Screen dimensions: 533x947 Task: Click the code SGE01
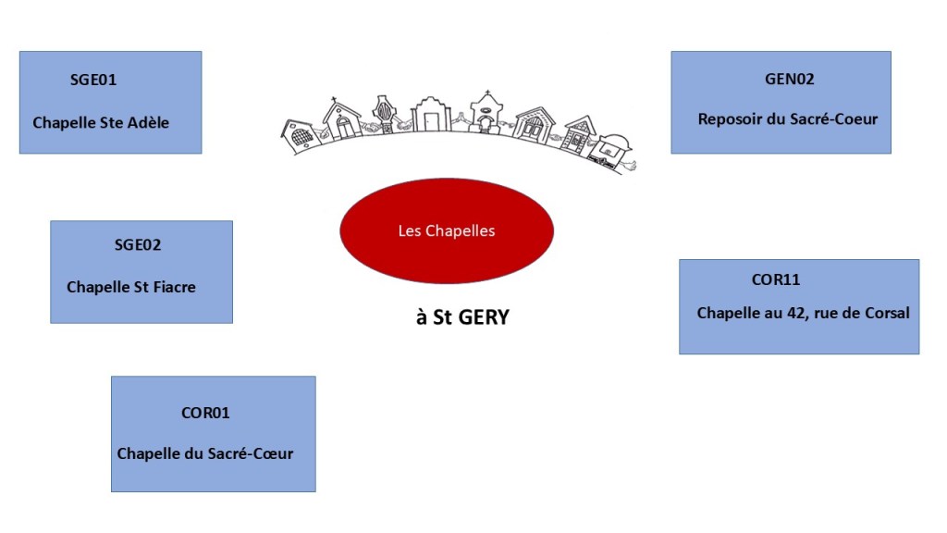tap(93, 80)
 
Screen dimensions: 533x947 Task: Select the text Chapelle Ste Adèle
tap(101, 122)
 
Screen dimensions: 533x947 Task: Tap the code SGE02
tap(138, 245)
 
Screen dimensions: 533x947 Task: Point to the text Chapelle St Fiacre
tap(131, 287)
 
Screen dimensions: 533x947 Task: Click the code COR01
tap(205, 413)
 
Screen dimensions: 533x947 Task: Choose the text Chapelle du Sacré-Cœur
tap(205, 453)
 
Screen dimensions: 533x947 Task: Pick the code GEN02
tap(789, 79)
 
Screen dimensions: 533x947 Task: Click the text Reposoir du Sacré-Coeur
tap(788, 118)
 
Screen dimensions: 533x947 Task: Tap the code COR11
tap(776, 279)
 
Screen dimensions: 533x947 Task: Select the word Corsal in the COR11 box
tap(886, 313)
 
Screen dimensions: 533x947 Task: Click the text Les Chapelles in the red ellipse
tap(446, 230)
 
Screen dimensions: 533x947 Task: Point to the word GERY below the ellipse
tap(478, 317)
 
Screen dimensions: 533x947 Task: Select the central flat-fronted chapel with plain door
tap(431, 114)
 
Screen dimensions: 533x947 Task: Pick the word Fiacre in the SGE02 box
tap(173, 287)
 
